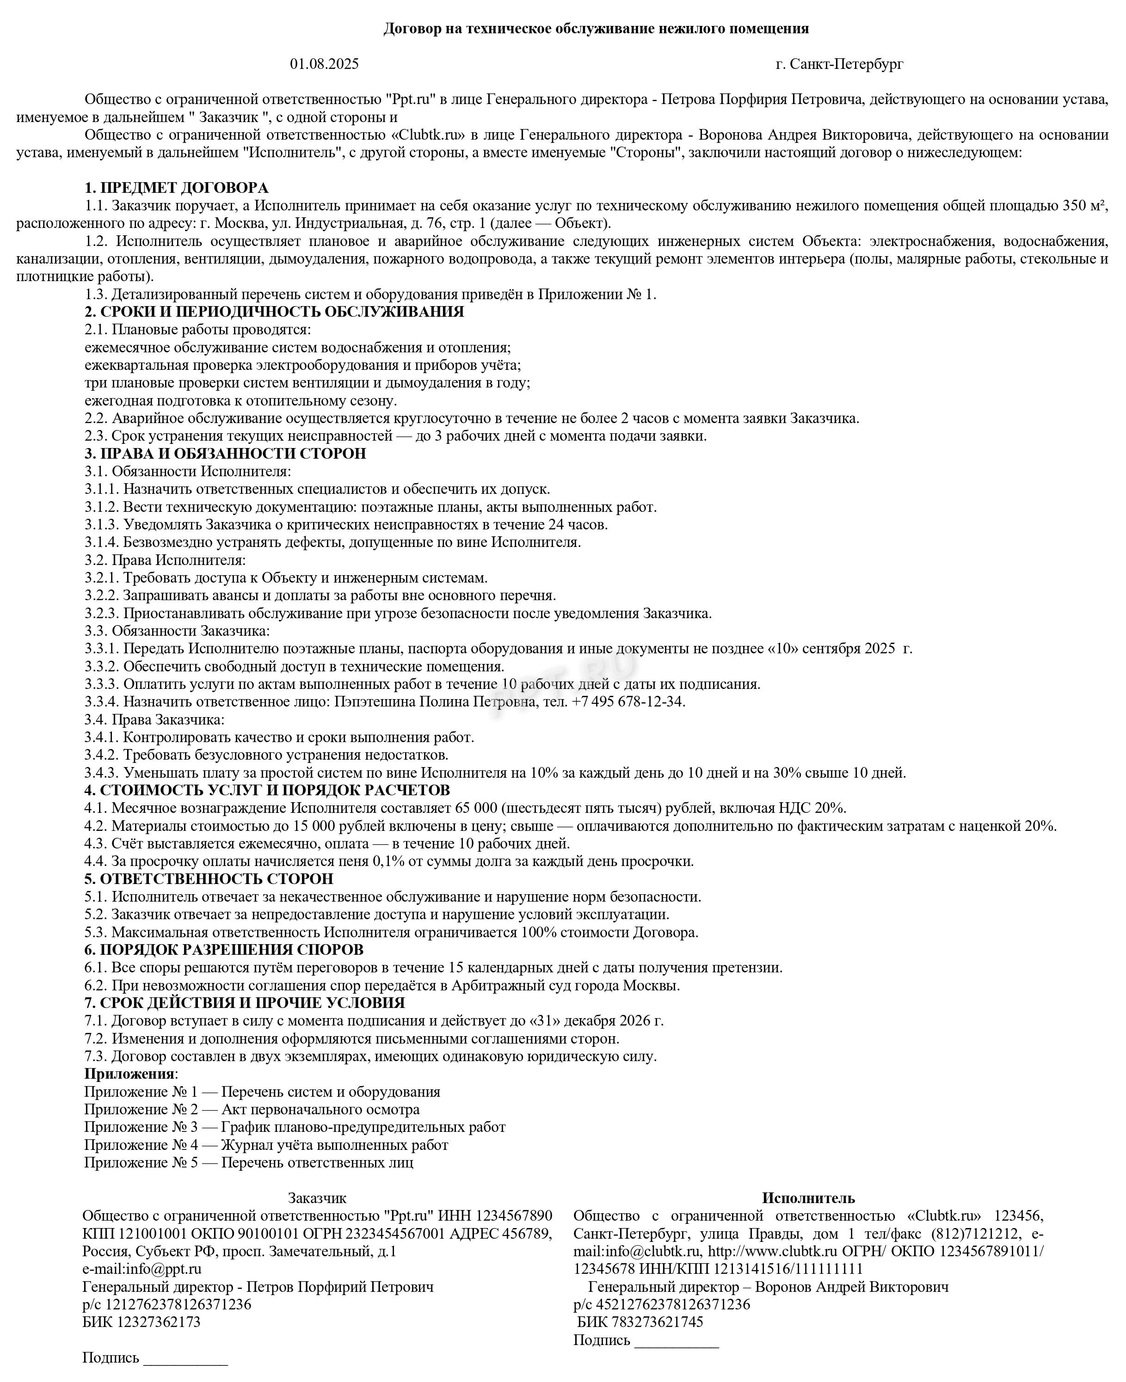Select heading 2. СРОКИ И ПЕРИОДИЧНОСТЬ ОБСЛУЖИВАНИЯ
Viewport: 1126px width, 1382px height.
[x=274, y=312]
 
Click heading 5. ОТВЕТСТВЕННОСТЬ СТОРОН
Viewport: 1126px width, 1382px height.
[x=208, y=879]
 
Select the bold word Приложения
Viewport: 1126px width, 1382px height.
[x=129, y=1074]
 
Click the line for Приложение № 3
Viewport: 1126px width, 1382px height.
[x=295, y=1127]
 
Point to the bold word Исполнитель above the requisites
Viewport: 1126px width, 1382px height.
[x=808, y=1198]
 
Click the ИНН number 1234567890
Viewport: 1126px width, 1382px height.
[x=514, y=1216]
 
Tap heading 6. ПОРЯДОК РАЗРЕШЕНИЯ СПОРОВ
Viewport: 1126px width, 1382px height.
[x=223, y=950]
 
